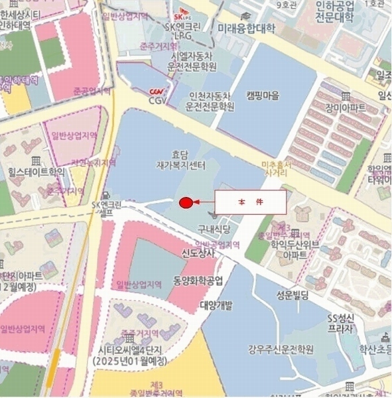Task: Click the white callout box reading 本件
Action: (x=250, y=202)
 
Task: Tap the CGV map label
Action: (x=156, y=101)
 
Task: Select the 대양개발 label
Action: (x=216, y=305)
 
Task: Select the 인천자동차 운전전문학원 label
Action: (x=210, y=100)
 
